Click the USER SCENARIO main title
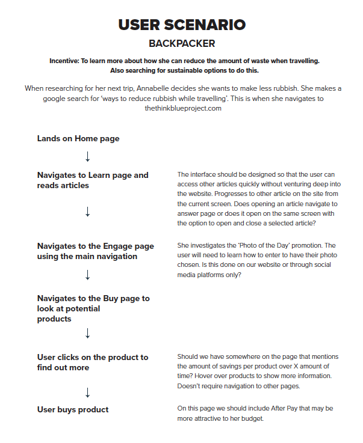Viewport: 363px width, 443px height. pyautogui.click(x=181, y=25)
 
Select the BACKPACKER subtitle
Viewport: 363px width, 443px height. pyautogui.click(x=181, y=44)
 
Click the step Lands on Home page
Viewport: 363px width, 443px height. pyautogui.click(x=78, y=138)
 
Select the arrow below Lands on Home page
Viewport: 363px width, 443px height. pyautogui.click(x=88, y=157)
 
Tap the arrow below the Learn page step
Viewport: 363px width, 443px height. pyautogui.click(x=88, y=212)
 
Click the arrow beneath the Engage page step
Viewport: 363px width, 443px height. pyautogui.click(x=88, y=275)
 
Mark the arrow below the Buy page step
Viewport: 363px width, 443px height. pyautogui.click(x=88, y=333)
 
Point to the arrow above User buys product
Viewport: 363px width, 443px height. pyautogui.click(x=88, y=393)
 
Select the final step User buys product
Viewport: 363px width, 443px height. pyautogui.click(x=73, y=409)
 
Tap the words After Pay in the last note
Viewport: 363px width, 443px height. pyautogui.click(x=296, y=409)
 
